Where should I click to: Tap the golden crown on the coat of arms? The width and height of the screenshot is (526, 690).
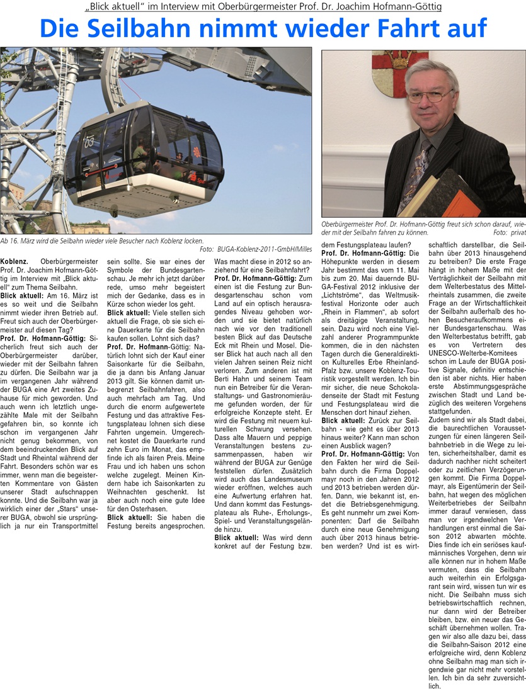pyautogui.click(x=400, y=60)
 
